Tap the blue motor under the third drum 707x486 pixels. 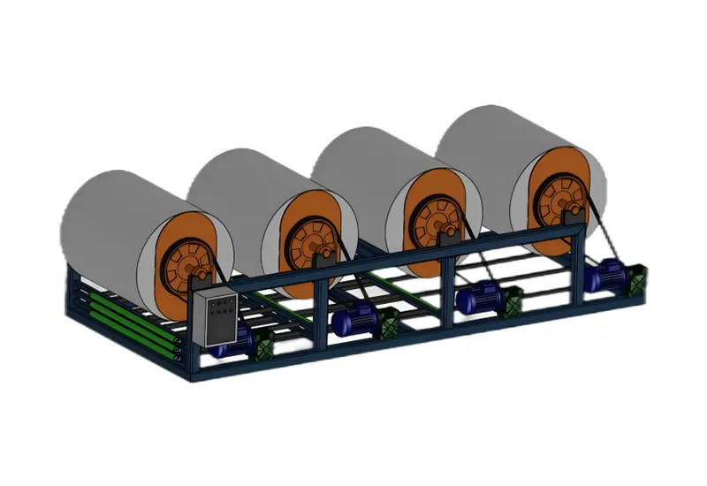477,298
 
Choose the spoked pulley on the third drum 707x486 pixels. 430,216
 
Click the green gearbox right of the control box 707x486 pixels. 262,345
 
